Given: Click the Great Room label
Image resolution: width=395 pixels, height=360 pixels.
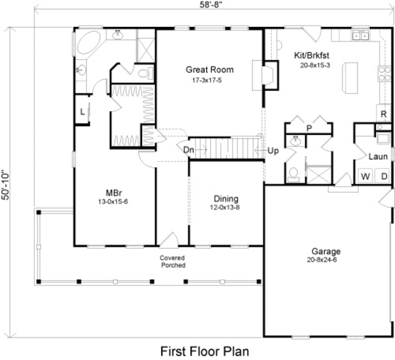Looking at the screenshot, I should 209,69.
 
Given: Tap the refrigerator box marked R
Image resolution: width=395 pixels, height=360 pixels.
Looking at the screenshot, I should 382,114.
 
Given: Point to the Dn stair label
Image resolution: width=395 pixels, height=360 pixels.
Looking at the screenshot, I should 188,149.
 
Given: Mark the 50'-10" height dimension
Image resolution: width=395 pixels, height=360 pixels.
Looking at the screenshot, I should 6,183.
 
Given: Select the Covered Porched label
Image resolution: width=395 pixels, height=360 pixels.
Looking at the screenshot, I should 172,261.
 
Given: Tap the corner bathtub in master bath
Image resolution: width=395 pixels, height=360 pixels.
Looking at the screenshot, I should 90,45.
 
